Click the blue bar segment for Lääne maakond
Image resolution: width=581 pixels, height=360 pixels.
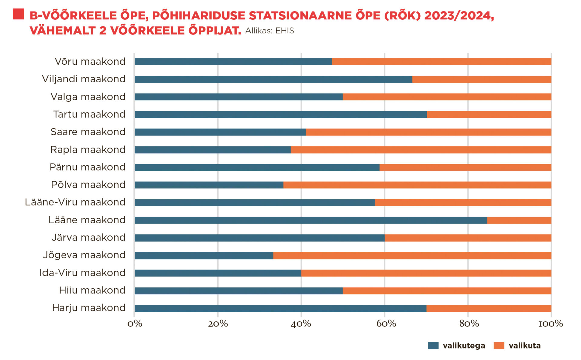(x=311, y=220)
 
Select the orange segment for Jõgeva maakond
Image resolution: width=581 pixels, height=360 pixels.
(x=412, y=256)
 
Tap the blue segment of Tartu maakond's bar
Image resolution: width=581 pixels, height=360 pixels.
(x=281, y=115)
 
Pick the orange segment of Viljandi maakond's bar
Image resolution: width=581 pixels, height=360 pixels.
(x=482, y=79)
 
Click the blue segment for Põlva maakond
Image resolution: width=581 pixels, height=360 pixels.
(x=209, y=185)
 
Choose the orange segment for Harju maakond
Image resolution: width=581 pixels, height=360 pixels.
(x=489, y=308)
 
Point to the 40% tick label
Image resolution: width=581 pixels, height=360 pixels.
(x=301, y=324)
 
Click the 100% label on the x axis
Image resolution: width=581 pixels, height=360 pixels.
(x=550, y=324)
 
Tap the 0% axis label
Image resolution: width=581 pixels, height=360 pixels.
(x=135, y=324)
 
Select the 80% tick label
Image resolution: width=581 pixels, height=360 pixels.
(x=469, y=324)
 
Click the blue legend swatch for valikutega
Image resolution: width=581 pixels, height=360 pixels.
(x=433, y=345)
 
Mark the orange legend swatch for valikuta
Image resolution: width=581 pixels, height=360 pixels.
(x=499, y=345)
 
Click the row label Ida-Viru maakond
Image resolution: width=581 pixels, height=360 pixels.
(x=82, y=273)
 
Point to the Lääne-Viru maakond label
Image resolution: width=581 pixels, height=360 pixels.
(x=75, y=202)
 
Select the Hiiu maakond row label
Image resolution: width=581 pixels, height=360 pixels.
(x=92, y=290)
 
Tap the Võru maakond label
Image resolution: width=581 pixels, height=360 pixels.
(x=90, y=61)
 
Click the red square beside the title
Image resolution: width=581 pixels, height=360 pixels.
(x=18, y=14)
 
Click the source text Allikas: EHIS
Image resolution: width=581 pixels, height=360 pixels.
(x=269, y=31)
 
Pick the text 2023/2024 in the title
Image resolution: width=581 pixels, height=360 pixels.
(x=459, y=15)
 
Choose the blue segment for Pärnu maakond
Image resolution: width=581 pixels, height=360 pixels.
(x=257, y=167)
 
